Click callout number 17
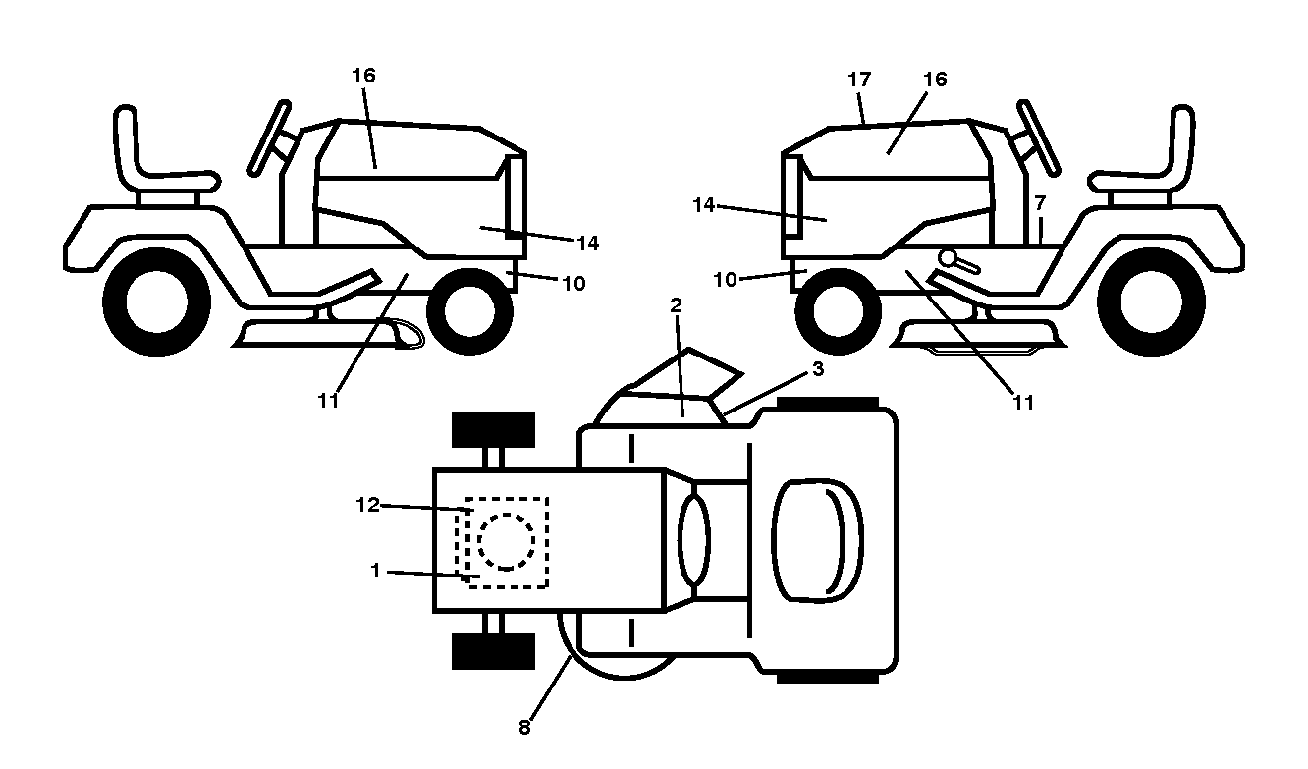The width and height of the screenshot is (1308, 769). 859,80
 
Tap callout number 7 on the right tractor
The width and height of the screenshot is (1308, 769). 1039,203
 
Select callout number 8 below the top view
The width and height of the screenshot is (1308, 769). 524,727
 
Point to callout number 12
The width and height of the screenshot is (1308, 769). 367,505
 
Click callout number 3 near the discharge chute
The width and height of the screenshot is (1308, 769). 818,369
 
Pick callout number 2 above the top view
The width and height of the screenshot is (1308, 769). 676,305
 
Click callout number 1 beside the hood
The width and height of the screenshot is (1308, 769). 375,571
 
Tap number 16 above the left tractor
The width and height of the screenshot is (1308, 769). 363,76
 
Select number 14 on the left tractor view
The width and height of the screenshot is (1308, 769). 588,243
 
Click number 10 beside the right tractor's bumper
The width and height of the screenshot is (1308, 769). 726,280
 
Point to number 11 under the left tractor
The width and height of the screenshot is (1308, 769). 328,401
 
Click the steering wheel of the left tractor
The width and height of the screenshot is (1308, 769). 269,138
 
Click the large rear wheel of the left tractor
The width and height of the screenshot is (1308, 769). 156,302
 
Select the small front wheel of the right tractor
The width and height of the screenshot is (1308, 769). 838,311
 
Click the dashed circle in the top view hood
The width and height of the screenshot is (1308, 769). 507,541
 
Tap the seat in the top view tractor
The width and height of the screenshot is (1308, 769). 817,541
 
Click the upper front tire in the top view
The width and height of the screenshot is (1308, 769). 493,430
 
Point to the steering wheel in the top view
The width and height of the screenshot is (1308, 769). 694,540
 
